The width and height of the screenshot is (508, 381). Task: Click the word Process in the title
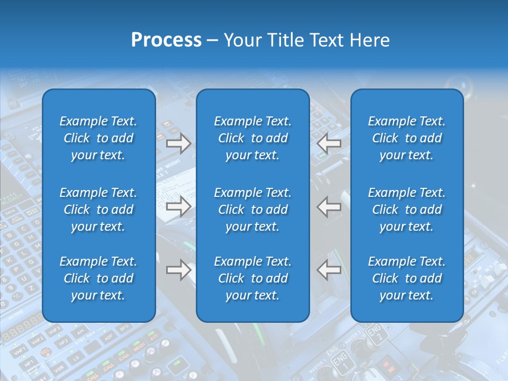(x=166, y=40)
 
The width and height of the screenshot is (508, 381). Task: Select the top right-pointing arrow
(x=178, y=143)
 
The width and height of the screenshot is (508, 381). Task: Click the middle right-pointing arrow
(x=178, y=207)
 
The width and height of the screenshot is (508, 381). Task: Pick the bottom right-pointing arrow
(x=178, y=270)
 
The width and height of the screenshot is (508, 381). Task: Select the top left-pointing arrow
(x=329, y=143)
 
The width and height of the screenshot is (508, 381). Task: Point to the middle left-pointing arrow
(x=329, y=207)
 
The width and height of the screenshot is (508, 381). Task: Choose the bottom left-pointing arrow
(x=329, y=270)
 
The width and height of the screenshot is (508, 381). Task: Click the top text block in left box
(x=98, y=138)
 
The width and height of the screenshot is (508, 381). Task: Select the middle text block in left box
(x=98, y=210)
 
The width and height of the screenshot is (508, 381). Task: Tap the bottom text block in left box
(x=98, y=278)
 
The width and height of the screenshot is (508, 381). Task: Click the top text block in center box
(x=252, y=138)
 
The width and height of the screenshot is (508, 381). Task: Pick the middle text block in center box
(x=252, y=210)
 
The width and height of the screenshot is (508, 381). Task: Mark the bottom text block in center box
(x=252, y=278)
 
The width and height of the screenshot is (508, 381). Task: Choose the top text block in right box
(x=406, y=138)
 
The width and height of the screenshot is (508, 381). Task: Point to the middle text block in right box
(x=406, y=210)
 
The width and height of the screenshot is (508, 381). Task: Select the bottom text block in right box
(x=406, y=278)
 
